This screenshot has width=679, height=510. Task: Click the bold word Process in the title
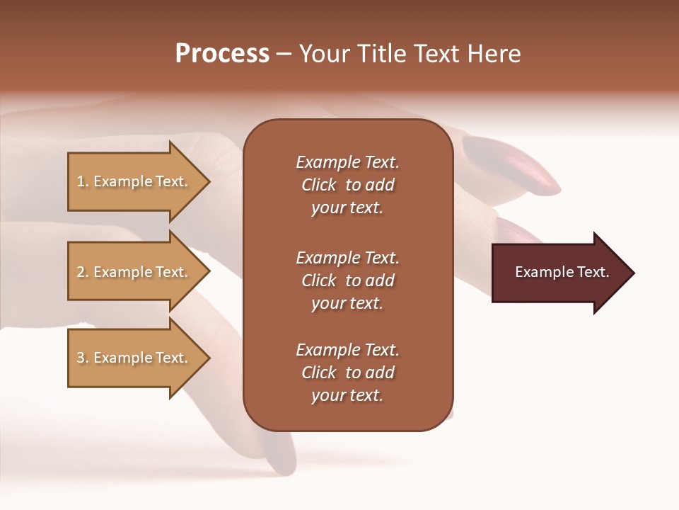(222, 54)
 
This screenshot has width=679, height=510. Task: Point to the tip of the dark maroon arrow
(633, 273)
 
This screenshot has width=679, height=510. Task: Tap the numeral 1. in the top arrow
(83, 181)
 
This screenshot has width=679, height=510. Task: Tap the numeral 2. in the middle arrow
(83, 272)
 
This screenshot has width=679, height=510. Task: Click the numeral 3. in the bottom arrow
(83, 358)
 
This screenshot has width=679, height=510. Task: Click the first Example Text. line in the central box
(347, 162)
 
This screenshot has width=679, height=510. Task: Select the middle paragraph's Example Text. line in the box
(347, 258)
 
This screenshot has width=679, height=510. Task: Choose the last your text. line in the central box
(347, 395)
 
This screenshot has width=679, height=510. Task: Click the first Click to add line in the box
(347, 185)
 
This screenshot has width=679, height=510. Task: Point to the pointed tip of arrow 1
(209, 181)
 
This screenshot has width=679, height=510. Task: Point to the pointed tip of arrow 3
(209, 358)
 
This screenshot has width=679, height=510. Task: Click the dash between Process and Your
(284, 55)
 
